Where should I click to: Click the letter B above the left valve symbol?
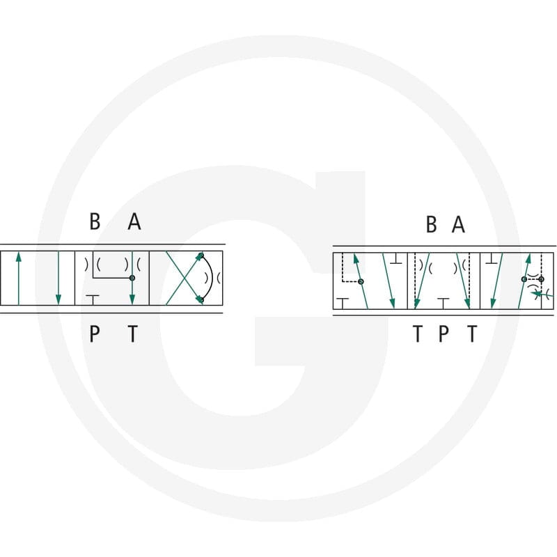tap(95, 221)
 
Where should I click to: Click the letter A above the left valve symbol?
tap(134, 221)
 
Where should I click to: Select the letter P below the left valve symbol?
tap(94, 334)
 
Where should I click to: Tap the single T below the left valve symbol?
tap(132, 334)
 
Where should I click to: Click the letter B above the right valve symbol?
tap(431, 224)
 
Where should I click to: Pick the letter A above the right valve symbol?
tap(458, 224)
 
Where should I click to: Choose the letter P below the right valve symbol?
tap(444, 334)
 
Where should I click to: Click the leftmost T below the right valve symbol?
tap(418, 334)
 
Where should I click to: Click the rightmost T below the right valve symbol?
tap(472, 334)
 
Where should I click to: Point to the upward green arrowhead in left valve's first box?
tap(19, 257)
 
